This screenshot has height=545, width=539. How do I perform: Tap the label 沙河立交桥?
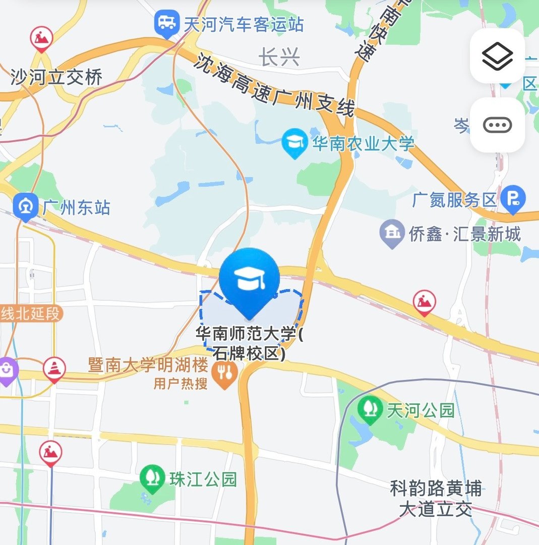click(56, 77)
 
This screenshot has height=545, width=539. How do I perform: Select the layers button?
click(497, 56)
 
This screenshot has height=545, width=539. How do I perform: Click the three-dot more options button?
click(497, 125)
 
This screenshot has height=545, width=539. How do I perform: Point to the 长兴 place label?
click(280, 58)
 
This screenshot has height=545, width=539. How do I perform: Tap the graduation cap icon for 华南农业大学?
click(295, 143)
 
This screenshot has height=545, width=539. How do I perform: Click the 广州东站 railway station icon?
click(25, 206)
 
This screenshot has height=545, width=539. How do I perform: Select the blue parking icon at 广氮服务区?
click(513, 200)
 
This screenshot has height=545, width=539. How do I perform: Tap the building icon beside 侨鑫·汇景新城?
click(392, 234)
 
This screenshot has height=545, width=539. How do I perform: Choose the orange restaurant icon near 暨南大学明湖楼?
click(225, 374)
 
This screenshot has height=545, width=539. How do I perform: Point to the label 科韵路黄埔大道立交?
click(436, 499)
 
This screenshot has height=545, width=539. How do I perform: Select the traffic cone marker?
click(53, 369)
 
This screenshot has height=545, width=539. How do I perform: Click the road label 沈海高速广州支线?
click(275, 85)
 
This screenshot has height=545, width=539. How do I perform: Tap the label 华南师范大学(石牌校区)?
click(250, 344)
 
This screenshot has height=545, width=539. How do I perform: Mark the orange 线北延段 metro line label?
click(30, 313)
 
